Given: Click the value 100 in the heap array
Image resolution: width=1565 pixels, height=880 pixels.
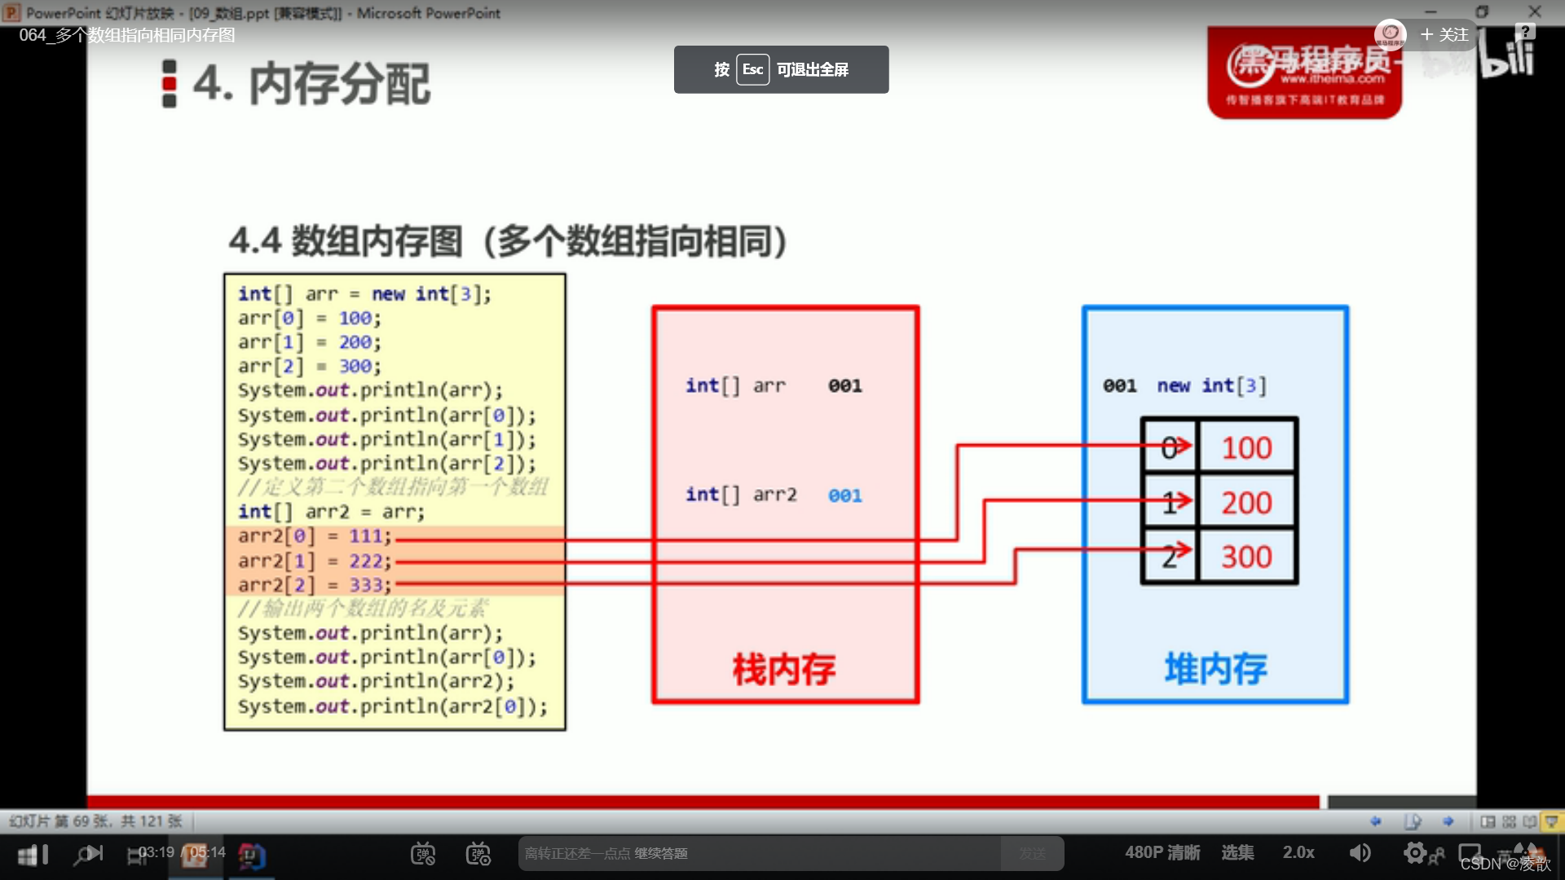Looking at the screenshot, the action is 1246,447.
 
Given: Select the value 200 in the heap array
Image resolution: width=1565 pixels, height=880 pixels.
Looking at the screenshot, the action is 1246,503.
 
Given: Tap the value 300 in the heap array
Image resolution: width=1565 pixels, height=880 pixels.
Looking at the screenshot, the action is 1246,557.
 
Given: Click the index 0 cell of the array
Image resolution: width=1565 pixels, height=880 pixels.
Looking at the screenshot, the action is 1169,447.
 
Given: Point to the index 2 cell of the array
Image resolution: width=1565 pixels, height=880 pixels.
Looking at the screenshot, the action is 1169,557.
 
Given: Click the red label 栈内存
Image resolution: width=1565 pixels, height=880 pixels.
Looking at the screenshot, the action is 784,669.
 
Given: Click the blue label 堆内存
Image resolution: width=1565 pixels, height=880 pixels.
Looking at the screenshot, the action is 1215,669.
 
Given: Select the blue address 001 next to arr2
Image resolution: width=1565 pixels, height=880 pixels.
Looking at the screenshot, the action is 845,495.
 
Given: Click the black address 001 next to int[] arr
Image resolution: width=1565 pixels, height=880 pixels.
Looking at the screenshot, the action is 845,385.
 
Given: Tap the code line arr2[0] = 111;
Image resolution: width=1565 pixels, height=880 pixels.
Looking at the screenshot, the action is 315,536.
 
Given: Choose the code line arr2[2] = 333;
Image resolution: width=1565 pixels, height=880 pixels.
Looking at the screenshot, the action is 315,585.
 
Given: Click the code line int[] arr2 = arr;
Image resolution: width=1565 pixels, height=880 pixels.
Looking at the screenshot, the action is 331,512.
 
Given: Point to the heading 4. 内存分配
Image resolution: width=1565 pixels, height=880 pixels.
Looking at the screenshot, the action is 311,84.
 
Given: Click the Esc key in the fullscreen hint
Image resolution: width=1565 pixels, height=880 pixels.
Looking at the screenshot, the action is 752,69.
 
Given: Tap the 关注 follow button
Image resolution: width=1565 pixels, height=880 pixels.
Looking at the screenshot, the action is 1444,35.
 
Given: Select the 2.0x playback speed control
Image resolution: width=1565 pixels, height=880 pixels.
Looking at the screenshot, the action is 1298,852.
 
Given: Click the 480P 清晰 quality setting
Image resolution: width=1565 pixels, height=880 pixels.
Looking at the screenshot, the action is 1162,852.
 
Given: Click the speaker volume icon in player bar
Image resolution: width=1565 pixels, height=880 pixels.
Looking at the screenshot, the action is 1360,852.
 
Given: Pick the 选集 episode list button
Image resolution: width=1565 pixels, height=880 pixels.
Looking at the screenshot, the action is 1237,852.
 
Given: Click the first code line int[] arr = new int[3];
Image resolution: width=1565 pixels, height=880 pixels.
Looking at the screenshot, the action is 364,293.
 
